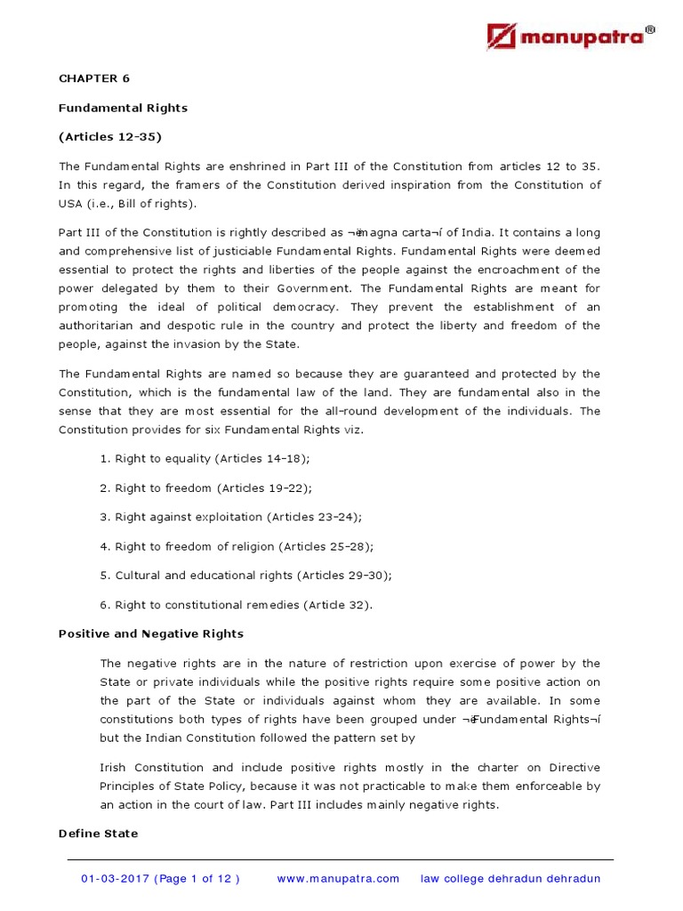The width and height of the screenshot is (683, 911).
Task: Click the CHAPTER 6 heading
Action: click(94, 78)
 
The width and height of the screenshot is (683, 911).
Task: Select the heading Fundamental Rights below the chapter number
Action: click(123, 108)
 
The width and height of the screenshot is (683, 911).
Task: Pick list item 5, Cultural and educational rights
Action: click(245, 575)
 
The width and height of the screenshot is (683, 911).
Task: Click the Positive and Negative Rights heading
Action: click(150, 633)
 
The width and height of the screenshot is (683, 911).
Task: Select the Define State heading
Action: click(98, 834)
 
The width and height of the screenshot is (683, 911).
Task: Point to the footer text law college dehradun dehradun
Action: click(510, 879)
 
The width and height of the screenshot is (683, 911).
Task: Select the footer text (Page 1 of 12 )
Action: click(198, 879)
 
